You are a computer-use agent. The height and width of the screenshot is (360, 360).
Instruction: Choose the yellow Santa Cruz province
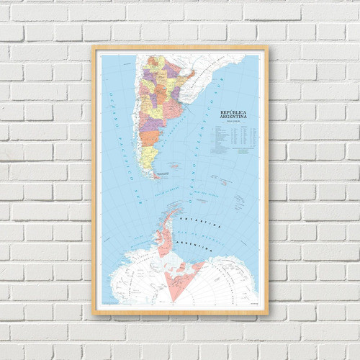pos(148,158)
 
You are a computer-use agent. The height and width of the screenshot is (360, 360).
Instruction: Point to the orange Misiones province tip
pos(192,72)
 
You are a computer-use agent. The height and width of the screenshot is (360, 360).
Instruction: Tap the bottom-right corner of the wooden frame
pos(267,314)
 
